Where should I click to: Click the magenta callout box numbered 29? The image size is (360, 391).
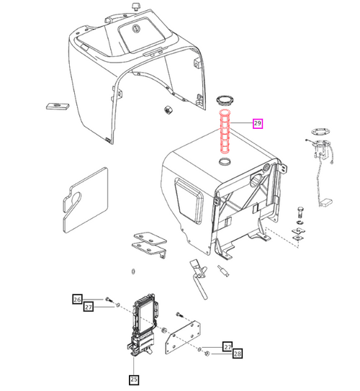[x=258, y=123]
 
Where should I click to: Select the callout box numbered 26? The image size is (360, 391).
[x=77, y=300]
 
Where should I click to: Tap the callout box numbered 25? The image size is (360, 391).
[x=134, y=379]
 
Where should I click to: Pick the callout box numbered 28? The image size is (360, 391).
[x=238, y=354]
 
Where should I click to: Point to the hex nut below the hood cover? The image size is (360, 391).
[x=166, y=109]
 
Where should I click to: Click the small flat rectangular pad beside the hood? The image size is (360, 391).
[x=58, y=106]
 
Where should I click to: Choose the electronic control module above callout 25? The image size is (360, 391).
[x=144, y=324]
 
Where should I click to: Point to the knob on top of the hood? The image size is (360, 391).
[x=135, y=6]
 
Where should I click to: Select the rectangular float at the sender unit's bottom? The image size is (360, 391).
[x=325, y=202]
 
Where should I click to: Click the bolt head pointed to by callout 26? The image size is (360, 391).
[x=108, y=299]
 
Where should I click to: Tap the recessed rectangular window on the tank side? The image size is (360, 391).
[x=189, y=200]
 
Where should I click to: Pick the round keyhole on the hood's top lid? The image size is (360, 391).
[x=135, y=29]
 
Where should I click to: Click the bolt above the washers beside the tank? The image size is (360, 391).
[x=301, y=212]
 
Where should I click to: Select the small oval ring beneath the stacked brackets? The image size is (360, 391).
[x=133, y=271]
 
